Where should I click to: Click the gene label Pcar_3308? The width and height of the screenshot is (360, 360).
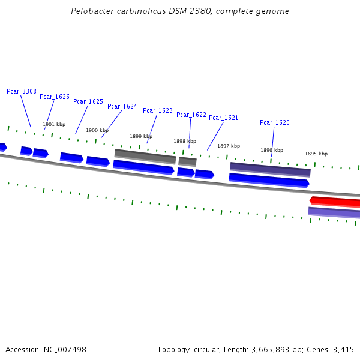[x=22, y=91]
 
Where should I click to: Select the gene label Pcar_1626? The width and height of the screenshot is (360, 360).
[x=55, y=97]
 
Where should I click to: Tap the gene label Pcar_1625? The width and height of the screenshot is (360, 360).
[x=88, y=101]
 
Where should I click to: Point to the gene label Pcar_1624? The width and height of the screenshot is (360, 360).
[x=122, y=106]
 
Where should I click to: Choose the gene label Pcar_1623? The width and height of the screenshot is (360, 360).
[x=158, y=110]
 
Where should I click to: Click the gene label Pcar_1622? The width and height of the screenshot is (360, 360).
[x=191, y=115]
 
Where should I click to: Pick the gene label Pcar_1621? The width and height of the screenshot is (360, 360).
[x=224, y=118]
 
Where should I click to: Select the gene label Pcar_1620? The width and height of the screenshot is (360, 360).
[x=275, y=122]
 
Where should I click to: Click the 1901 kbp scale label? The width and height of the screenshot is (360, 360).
[x=54, y=125]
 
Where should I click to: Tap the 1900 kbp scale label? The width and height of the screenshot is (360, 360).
[x=97, y=130]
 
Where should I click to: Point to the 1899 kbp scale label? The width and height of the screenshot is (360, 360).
[x=141, y=136]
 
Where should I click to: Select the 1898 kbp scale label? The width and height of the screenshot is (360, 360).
[x=185, y=141]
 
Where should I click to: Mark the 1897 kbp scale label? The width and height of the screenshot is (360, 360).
[x=229, y=146]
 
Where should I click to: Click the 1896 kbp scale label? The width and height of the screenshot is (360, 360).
[x=272, y=150]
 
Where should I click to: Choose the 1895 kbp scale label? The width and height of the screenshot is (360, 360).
[x=316, y=154]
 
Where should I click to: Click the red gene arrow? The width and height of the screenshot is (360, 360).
[x=335, y=201]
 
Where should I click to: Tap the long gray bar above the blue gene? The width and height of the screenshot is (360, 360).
[x=145, y=156]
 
